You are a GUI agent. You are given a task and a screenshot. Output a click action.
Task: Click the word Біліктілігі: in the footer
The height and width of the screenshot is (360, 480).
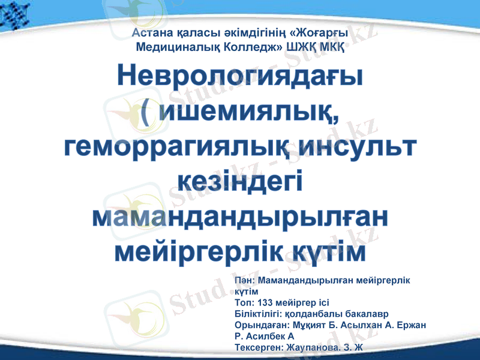[x=259, y=313]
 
